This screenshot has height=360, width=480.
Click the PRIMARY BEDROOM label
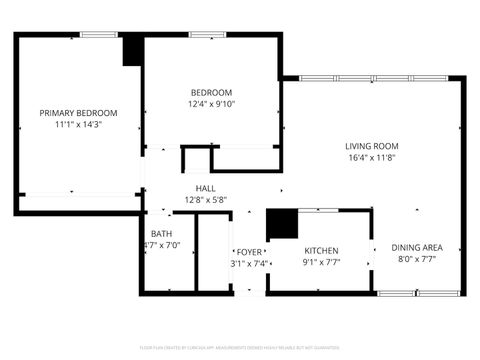pyautogui.click(x=78, y=113)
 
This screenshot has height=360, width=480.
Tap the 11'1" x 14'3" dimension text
pyautogui.click(x=78, y=125)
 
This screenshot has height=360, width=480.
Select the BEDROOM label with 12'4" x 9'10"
pyautogui.click(x=210, y=92)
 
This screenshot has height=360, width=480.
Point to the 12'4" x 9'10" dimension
pyautogui.click(x=210, y=104)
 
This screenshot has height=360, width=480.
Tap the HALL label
pyautogui.click(x=206, y=188)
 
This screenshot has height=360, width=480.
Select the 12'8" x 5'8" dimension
pyautogui.click(x=206, y=200)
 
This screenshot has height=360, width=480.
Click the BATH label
pyautogui.click(x=160, y=234)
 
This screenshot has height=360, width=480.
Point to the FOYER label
pyautogui.click(x=248, y=251)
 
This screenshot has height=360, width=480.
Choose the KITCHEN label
pyautogui.click(x=321, y=251)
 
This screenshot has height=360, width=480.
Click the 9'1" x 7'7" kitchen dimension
pyautogui.click(x=321, y=263)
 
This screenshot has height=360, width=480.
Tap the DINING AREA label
pyautogui.click(x=417, y=247)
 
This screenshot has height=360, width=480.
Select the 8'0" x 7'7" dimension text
pyautogui.click(x=417, y=259)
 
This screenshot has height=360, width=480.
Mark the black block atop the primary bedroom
pyautogui.click(x=131, y=51)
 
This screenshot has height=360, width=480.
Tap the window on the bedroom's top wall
pyautogui.click(x=206, y=35)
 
